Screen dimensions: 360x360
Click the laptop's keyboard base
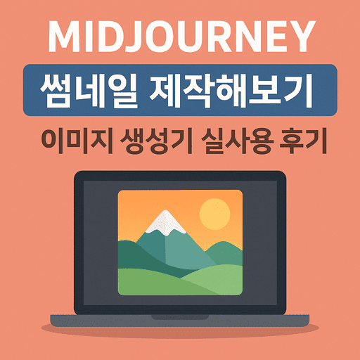coord(180,324)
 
